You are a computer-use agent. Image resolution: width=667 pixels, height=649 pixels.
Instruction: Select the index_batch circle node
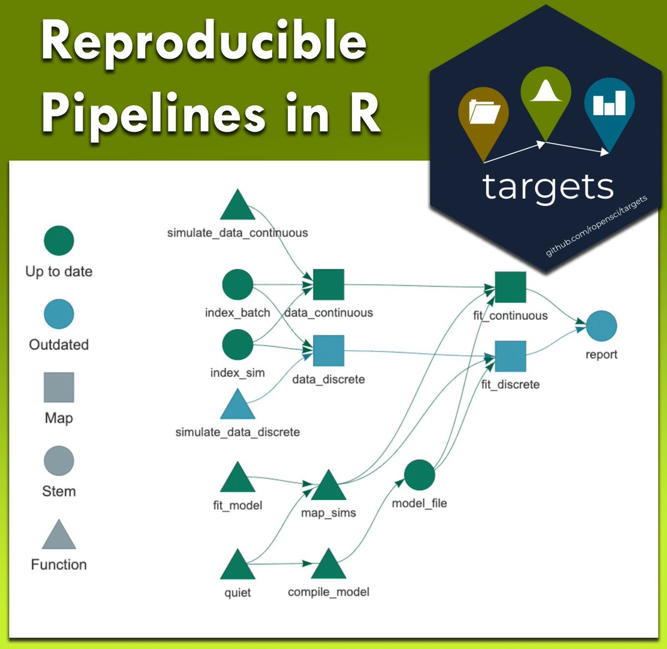[237, 285]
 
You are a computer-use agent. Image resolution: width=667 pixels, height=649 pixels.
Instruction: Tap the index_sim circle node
[237, 345]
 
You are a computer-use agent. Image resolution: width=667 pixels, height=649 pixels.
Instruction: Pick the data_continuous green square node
[328, 285]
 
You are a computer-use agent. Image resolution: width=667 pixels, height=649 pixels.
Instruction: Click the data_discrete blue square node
[328, 351]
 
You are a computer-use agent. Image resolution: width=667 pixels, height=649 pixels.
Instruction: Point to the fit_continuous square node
[510, 288]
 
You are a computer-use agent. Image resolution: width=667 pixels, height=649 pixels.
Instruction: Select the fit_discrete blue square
[510, 356]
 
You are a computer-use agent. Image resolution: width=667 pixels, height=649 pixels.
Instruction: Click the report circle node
[601, 326]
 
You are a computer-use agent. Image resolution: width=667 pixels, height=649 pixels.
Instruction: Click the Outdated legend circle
[59, 314]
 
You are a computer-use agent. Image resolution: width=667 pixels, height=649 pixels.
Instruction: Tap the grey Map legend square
[59, 387]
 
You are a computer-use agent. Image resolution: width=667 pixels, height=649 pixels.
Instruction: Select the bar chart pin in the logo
[609, 104]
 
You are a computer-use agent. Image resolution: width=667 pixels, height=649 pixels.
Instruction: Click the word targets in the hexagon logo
[548, 187]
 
